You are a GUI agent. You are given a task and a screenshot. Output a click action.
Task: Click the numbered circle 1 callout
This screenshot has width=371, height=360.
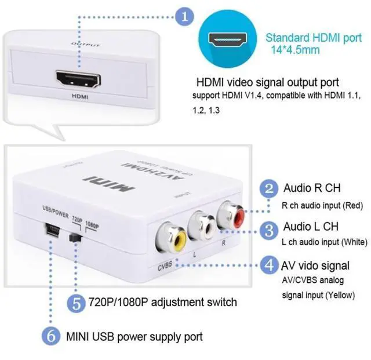point(185,16)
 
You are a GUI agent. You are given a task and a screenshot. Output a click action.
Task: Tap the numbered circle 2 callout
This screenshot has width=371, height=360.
point(268,189)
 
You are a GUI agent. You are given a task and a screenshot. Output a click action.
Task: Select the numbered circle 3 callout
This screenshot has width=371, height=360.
point(268,231)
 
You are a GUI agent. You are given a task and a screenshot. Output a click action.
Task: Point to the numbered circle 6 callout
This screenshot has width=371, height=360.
point(51,336)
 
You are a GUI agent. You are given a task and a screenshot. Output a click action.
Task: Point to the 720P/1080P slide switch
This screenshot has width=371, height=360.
point(74,237)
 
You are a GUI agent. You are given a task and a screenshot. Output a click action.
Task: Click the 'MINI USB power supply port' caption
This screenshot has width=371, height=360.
point(134,336)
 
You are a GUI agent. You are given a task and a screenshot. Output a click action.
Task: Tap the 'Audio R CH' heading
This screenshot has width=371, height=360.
point(311,188)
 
